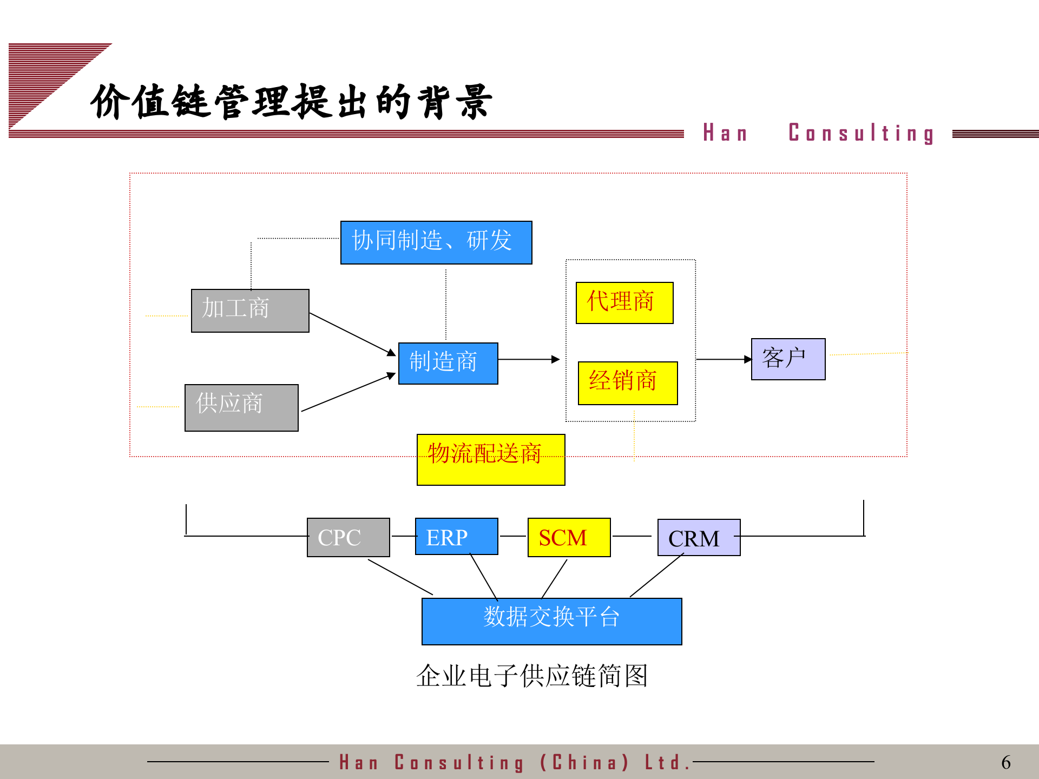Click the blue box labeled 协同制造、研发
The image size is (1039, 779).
coord(436,242)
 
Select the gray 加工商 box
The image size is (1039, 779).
coord(250,311)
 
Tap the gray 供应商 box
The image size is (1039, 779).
coord(241,407)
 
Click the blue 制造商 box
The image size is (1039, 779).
coord(448,363)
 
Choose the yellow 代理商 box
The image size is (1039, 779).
coord(624,302)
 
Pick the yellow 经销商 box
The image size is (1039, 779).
coord(628,383)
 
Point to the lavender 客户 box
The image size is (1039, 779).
coord(788,359)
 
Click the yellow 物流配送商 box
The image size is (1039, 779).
coord(491,459)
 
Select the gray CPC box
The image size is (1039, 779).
coord(348,537)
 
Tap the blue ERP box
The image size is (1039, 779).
coord(456,536)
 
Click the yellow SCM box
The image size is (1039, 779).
coord(569,537)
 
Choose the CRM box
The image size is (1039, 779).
coord(699,537)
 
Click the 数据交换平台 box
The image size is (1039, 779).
coord(551,621)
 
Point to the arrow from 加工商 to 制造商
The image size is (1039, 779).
coord(352,334)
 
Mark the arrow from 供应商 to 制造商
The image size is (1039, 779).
coord(348,392)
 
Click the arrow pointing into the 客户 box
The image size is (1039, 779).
coord(724,359)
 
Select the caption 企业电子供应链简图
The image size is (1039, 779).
coord(532,676)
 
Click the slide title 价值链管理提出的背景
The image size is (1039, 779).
coord(291,102)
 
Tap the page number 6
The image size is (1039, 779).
coord(1006,762)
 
